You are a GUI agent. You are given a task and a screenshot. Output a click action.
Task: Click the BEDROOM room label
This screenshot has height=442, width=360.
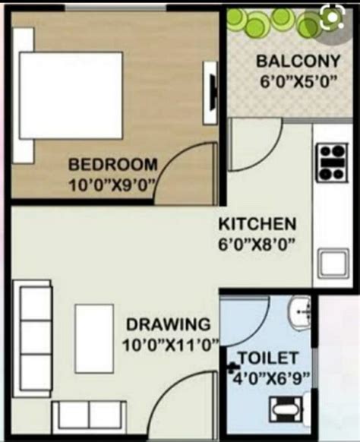[x=113, y=164]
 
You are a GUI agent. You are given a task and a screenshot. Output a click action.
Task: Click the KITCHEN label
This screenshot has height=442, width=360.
[x=257, y=225]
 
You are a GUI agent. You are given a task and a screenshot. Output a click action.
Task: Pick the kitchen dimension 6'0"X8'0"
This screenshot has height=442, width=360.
[x=257, y=244]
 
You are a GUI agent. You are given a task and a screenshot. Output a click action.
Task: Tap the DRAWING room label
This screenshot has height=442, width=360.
[x=169, y=324]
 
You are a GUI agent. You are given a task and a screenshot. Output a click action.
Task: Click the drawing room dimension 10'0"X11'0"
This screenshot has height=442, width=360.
[x=170, y=344]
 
